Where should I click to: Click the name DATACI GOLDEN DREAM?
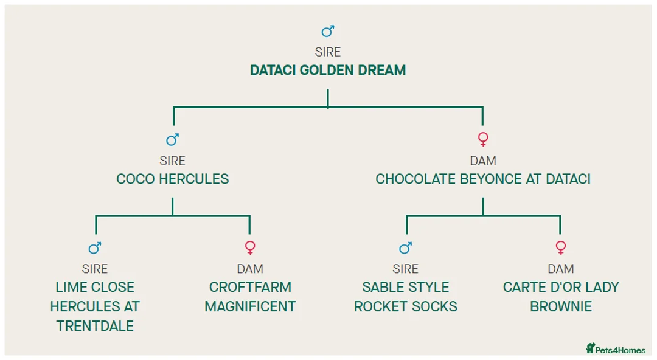click(328, 71)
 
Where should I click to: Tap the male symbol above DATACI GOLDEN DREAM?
click(328, 32)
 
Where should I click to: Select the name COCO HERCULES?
click(173, 179)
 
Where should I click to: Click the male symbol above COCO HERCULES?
click(173, 140)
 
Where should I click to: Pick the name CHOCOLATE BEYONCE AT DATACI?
click(483, 179)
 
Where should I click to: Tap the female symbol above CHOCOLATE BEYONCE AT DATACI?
click(483, 140)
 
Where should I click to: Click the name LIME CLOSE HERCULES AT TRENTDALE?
click(95, 306)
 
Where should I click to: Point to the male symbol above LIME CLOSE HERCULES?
click(95, 248)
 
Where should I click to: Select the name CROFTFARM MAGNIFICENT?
click(250, 297)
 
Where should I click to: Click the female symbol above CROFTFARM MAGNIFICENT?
click(250, 248)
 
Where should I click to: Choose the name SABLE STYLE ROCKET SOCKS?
click(406, 297)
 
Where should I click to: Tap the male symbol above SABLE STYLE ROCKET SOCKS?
click(406, 248)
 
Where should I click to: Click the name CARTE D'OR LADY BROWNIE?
click(561, 297)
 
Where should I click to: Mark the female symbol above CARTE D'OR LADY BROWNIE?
click(561, 248)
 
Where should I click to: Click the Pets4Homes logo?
click(616, 349)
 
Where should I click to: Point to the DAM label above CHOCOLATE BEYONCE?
click(483, 161)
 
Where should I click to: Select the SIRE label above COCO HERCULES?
click(173, 161)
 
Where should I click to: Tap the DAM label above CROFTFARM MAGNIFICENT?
click(250, 269)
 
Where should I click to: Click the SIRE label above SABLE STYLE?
click(406, 269)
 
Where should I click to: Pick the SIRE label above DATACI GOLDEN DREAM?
click(328, 53)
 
